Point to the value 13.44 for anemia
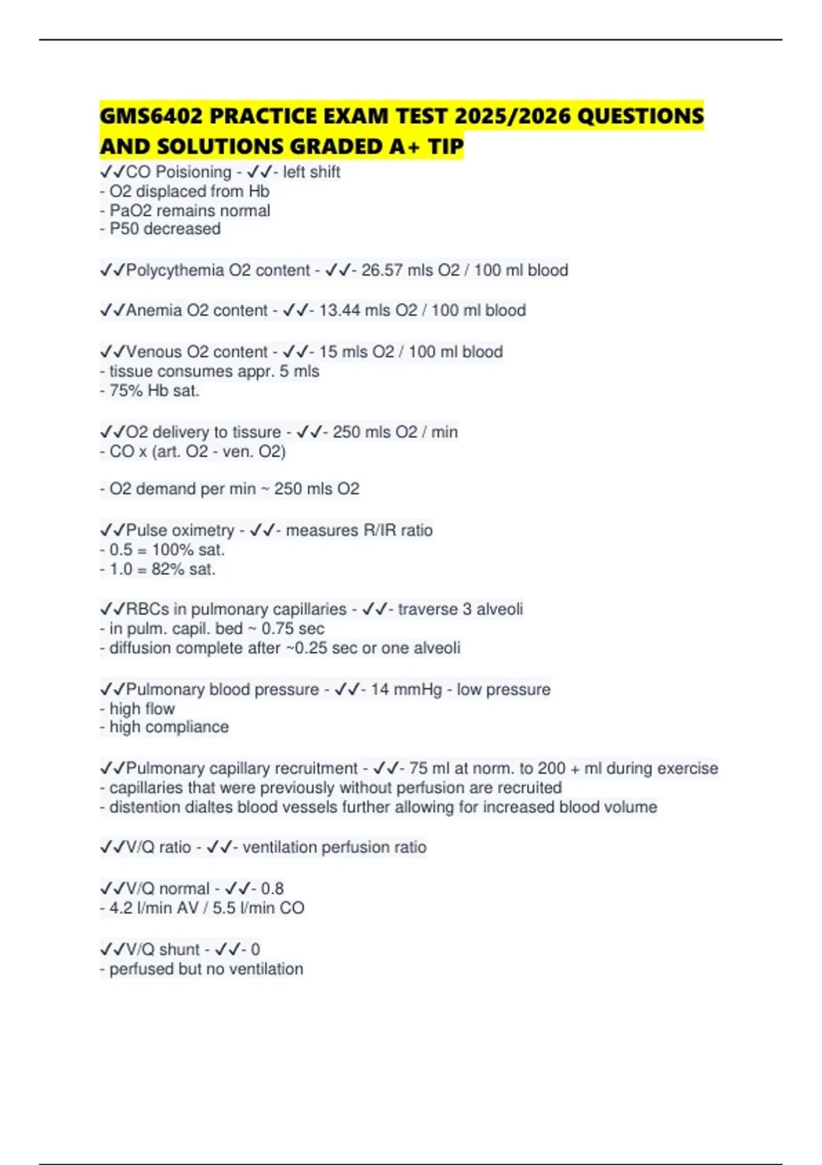[x=339, y=310]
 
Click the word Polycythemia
[x=175, y=270]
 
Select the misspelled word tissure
[x=257, y=432]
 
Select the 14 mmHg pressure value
[x=406, y=689]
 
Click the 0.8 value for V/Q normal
[x=272, y=889]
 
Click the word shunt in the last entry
[x=180, y=950]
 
